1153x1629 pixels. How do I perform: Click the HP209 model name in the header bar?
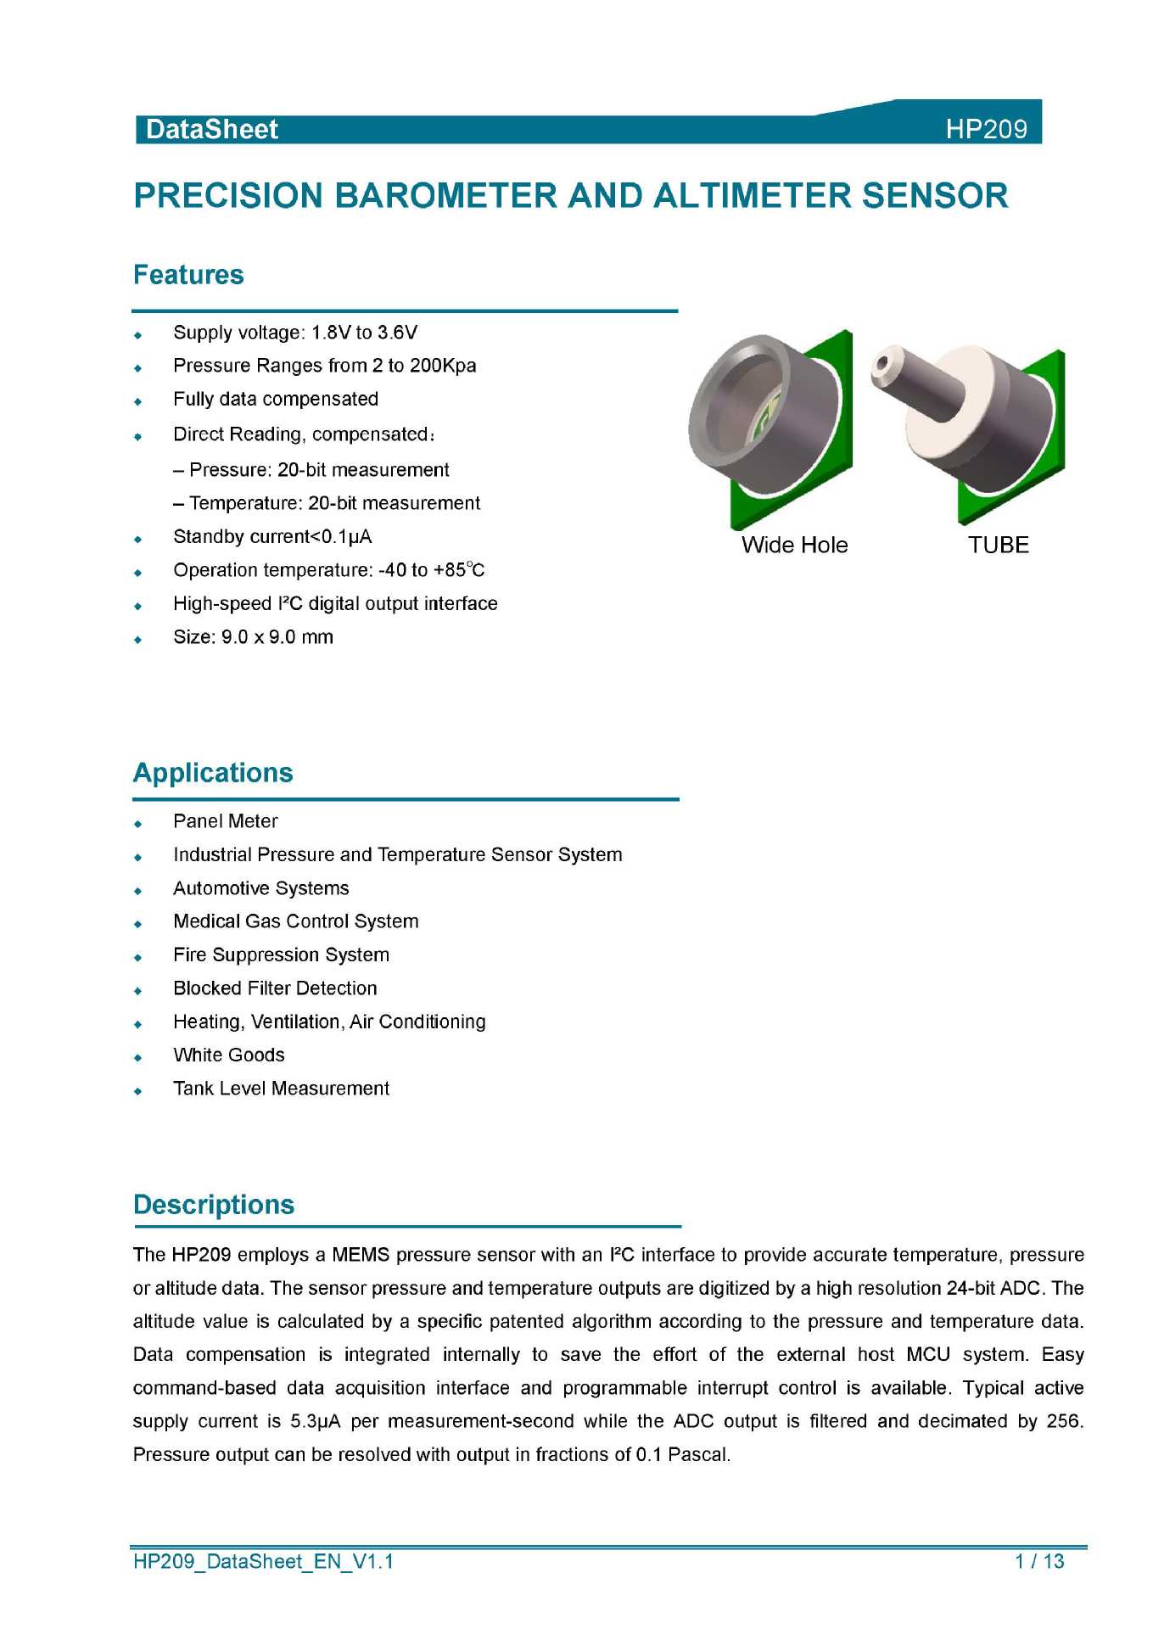coord(986,129)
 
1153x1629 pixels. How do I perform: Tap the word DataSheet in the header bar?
coord(212,129)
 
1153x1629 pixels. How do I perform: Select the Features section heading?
coord(188,275)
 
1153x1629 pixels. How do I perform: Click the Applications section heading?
coord(213,773)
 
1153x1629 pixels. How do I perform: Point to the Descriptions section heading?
coord(214,1205)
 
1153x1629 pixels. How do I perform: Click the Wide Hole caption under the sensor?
coord(794,545)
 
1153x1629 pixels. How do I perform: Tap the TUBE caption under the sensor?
coord(999,545)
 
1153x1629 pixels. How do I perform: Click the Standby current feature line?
coord(272,537)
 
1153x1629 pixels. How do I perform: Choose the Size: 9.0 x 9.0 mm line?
coord(253,637)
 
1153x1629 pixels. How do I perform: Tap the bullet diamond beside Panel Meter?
coord(138,823)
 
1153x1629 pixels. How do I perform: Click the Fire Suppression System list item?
coord(281,955)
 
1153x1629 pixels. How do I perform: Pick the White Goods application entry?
coord(229,1055)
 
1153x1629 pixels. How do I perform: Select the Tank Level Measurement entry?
coord(281,1089)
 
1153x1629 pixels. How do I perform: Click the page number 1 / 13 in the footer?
coord(1039,1561)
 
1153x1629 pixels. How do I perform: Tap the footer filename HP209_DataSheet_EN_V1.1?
coord(263,1561)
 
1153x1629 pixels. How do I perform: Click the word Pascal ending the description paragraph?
coord(698,1455)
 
